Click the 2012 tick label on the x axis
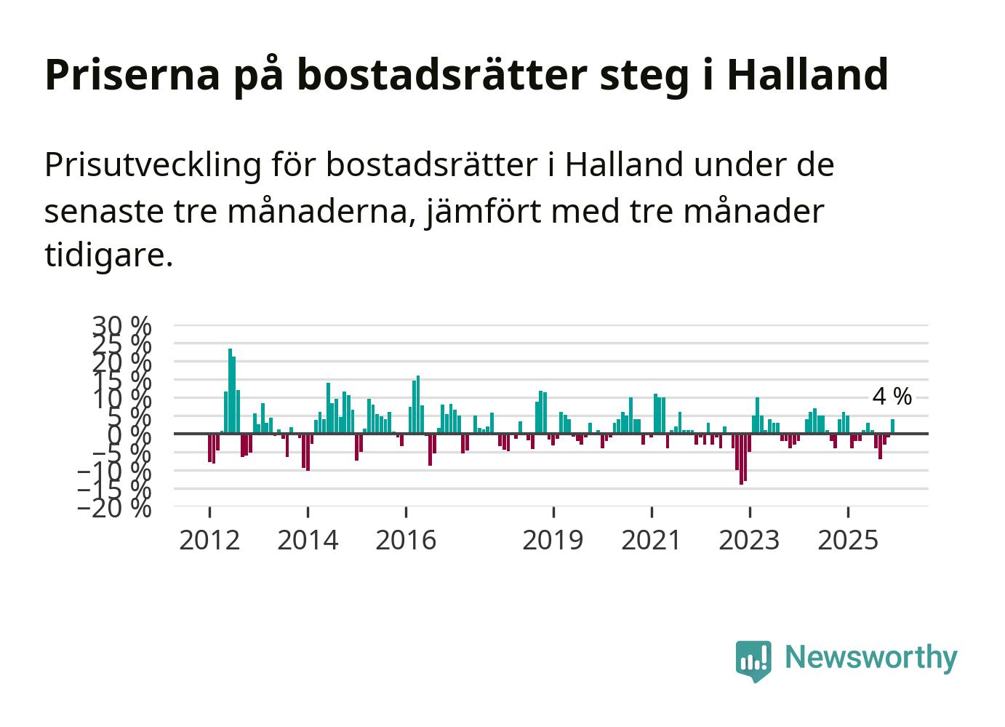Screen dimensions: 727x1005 (209, 540)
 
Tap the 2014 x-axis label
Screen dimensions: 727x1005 (308, 540)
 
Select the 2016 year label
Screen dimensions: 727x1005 (406, 540)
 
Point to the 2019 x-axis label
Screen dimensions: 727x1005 (553, 540)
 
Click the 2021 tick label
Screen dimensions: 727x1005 (651, 540)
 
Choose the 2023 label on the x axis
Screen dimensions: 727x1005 (749, 540)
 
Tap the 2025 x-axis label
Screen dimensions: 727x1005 (848, 540)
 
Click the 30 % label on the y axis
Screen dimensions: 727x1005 (121, 325)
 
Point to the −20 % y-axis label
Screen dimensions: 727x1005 (114, 508)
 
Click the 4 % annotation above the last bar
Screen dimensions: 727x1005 (892, 397)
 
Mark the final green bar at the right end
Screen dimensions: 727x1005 (892, 426)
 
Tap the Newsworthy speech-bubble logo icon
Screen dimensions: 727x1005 (753, 660)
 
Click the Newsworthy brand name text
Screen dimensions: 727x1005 (871, 657)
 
